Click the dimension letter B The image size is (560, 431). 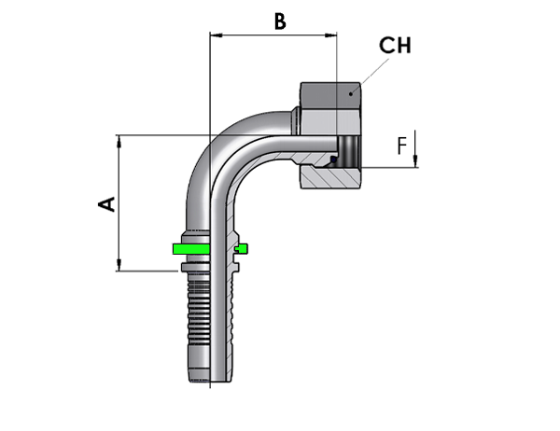point(280,21)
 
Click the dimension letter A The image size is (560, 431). point(106,204)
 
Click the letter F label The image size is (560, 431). point(402,146)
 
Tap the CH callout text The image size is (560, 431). point(395,46)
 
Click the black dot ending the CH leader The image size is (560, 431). point(351,94)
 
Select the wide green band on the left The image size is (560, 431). point(191,249)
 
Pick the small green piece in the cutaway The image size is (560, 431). point(242,248)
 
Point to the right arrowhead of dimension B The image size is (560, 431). point(330,35)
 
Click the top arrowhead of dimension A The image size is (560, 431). point(119,141)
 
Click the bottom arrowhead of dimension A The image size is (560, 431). point(119,265)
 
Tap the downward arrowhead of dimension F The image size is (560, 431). point(415,161)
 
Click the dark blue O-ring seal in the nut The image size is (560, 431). point(333,160)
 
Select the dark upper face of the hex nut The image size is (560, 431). point(330,96)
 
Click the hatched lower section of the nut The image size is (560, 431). point(329,177)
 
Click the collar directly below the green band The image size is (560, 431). point(195,267)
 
